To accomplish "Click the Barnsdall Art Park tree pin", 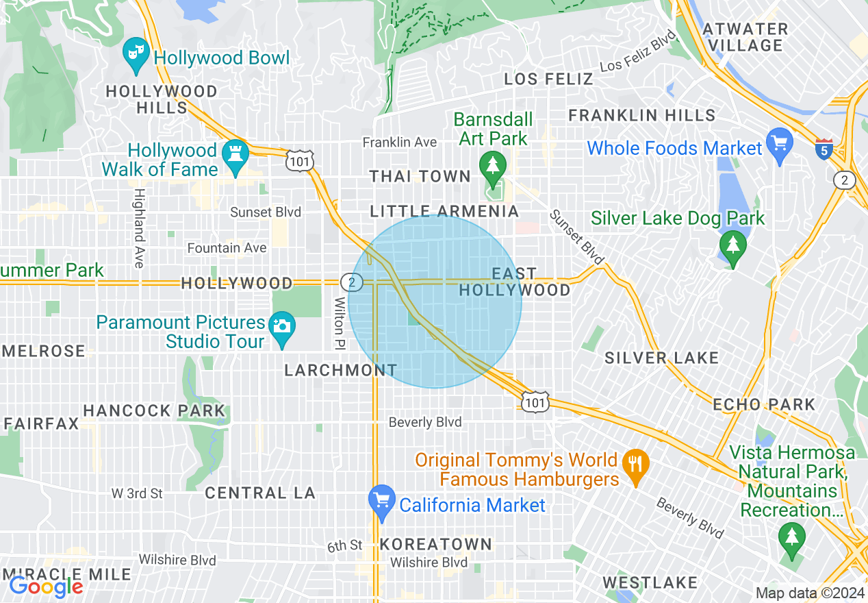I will click(x=492, y=165).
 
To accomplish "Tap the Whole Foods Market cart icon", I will click(x=780, y=143).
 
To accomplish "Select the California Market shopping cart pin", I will click(x=381, y=500).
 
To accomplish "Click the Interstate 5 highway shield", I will click(x=824, y=149).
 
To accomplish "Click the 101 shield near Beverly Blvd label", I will click(x=534, y=402).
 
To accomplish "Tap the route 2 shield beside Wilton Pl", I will click(x=350, y=282).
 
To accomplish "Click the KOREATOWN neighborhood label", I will click(x=435, y=544).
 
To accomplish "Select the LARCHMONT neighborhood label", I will click(x=340, y=370).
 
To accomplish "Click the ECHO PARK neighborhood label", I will click(x=764, y=404).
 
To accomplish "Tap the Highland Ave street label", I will click(x=139, y=228).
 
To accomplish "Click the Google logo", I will click(x=46, y=587).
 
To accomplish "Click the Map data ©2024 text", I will click(x=810, y=593).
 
